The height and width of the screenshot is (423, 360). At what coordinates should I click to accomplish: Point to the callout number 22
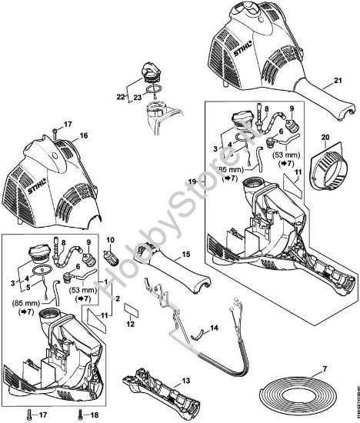pos(119,96)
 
